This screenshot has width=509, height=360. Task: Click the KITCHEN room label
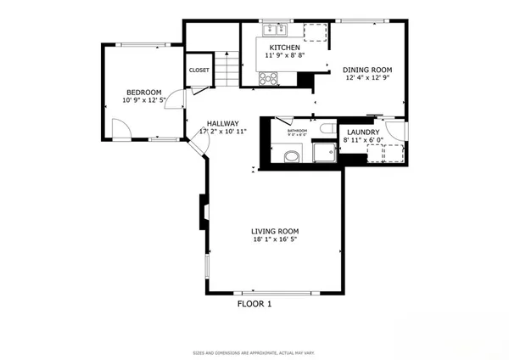coord(284,47)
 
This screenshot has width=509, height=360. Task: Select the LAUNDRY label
coord(363,132)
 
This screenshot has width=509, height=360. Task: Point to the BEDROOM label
coord(143,93)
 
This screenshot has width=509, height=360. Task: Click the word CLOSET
coord(199,70)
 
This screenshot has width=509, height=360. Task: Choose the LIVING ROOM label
coord(275,231)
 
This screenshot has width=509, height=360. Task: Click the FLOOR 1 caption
coord(254,304)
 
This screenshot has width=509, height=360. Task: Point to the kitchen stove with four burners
coord(268,79)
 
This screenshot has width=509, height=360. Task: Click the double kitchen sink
coord(271,26)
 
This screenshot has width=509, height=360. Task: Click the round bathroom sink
coord(293,155)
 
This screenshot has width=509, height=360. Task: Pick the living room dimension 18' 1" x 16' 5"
coord(275,239)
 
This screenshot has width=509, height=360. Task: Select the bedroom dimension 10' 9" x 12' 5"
coord(143,102)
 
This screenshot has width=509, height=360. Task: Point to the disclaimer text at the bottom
coord(254,351)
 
